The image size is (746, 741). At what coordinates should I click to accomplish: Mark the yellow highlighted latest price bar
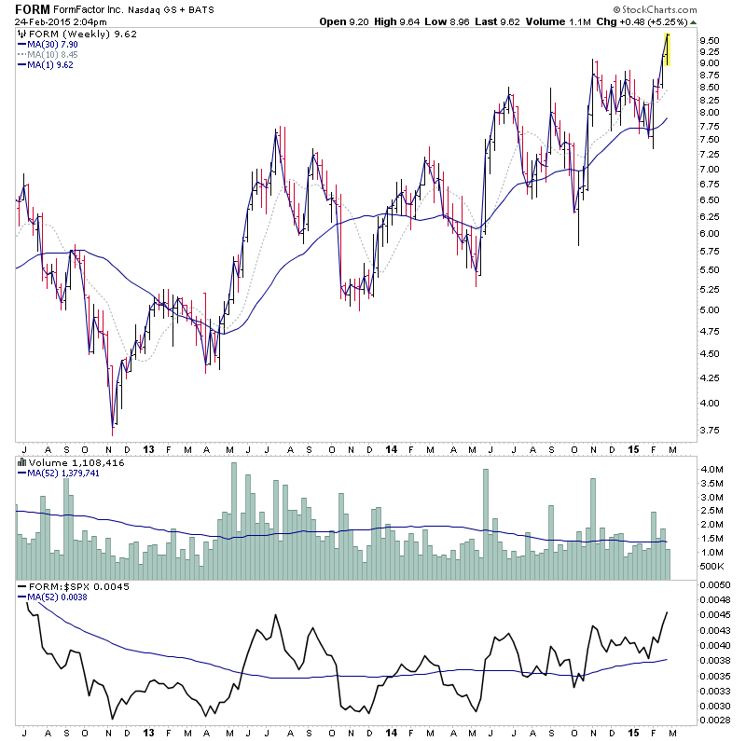click(668, 48)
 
